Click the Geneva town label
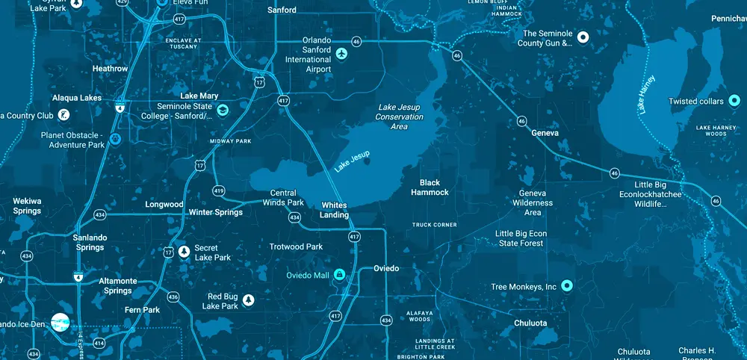[x=545, y=132]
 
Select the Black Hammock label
[x=430, y=187]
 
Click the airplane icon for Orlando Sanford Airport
[x=343, y=54]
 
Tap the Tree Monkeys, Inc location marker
[x=566, y=285]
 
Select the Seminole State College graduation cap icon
[x=223, y=111]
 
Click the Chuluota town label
[x=530, y=323]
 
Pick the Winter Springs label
[x=215, y=212]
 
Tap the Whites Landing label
[x=335, y=210]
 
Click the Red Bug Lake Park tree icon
[x=249, y=300]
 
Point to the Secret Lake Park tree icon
[x=184, y=249]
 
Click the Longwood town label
[x=164, y=204]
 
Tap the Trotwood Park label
[x=296, y=246]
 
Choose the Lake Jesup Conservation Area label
[x=399, y=117]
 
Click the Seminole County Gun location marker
[x=584, y=37]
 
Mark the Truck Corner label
[x=435, y=224]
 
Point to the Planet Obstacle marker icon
[x=115, y=139]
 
